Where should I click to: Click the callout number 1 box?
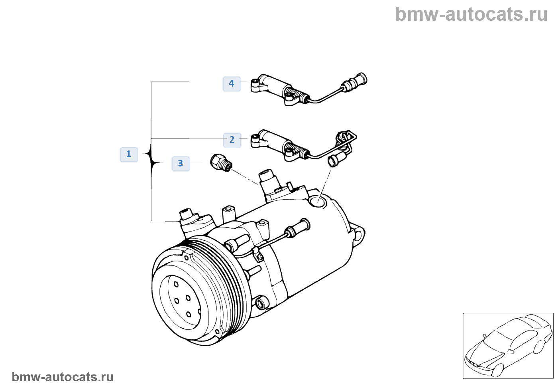(x=129, y=154)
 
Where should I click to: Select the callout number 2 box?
(x=232, y=140)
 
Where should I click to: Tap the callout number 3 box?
(x=181, y=163)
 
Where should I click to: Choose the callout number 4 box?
(x=232, y=84)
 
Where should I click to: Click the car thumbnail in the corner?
(x=508, y=345)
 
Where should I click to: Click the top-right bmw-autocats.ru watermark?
(x=471, y=14)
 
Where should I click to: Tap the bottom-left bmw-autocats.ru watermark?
(x=63, y=377)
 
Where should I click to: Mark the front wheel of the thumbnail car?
(x=497, y=370)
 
